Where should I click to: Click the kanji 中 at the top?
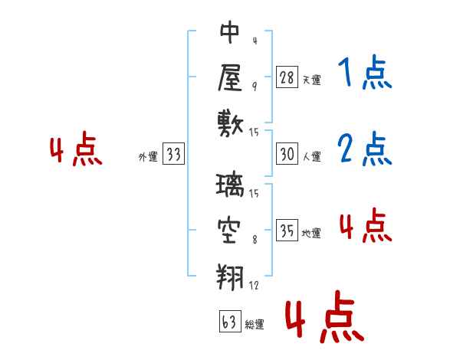[231, 34]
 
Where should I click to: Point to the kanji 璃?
[231, 185]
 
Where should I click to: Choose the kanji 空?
[231, 228]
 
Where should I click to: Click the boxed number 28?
[287, 77]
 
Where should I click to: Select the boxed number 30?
[287, 154]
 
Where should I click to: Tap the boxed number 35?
[287, 231]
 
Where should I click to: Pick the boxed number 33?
[173, 155]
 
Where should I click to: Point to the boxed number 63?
[229, 322]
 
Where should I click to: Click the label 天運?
[311, 80]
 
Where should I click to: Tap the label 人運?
[311, 156]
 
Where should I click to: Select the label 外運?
[148, 157]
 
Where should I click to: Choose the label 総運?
[254, 325]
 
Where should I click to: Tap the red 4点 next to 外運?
[75, 150]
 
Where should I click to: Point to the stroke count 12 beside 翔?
[255, 286]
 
